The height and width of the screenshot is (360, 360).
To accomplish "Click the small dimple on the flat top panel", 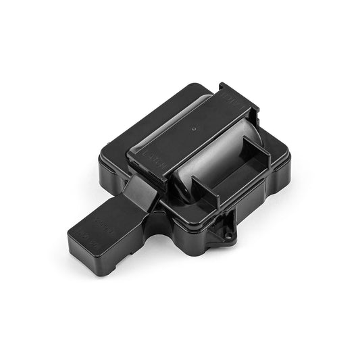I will coord(194,126).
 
